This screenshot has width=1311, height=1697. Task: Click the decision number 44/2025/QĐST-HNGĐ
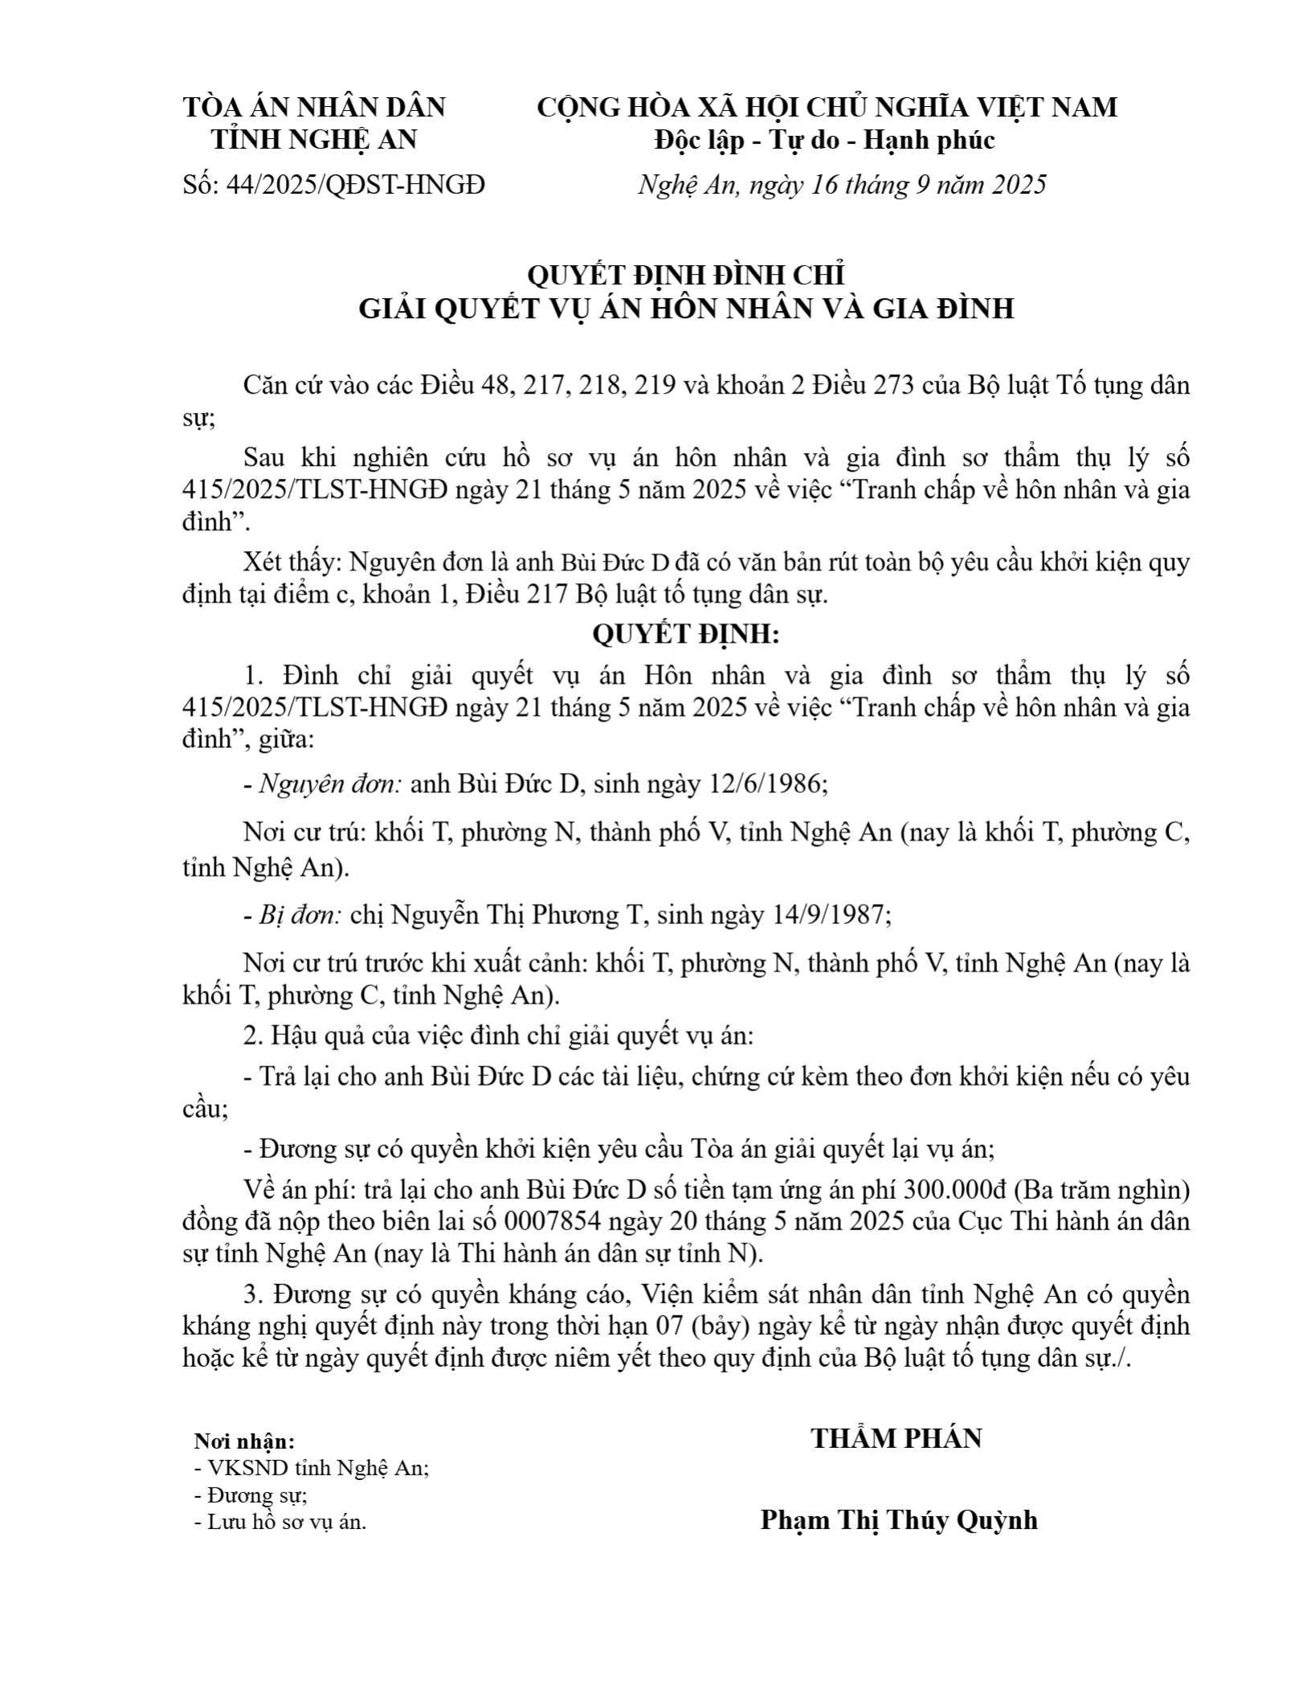[x=356, y=186]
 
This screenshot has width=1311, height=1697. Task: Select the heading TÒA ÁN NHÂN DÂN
[x=315, y=107]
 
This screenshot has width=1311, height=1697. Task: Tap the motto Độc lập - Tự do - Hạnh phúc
[x=825, y=141]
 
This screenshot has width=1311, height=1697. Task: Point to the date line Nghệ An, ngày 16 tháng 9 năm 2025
[x=842, y=186]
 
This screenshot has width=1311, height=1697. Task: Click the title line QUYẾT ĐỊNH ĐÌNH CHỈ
[x=686, y=276]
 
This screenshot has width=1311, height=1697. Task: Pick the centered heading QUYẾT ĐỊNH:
[x=686, y=635]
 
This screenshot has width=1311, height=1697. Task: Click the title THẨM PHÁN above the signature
[x=896, y=1439]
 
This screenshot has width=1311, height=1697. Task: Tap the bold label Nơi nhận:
[x=244, y=1441]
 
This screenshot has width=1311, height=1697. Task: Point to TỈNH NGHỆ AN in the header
[x=314, y=141]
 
